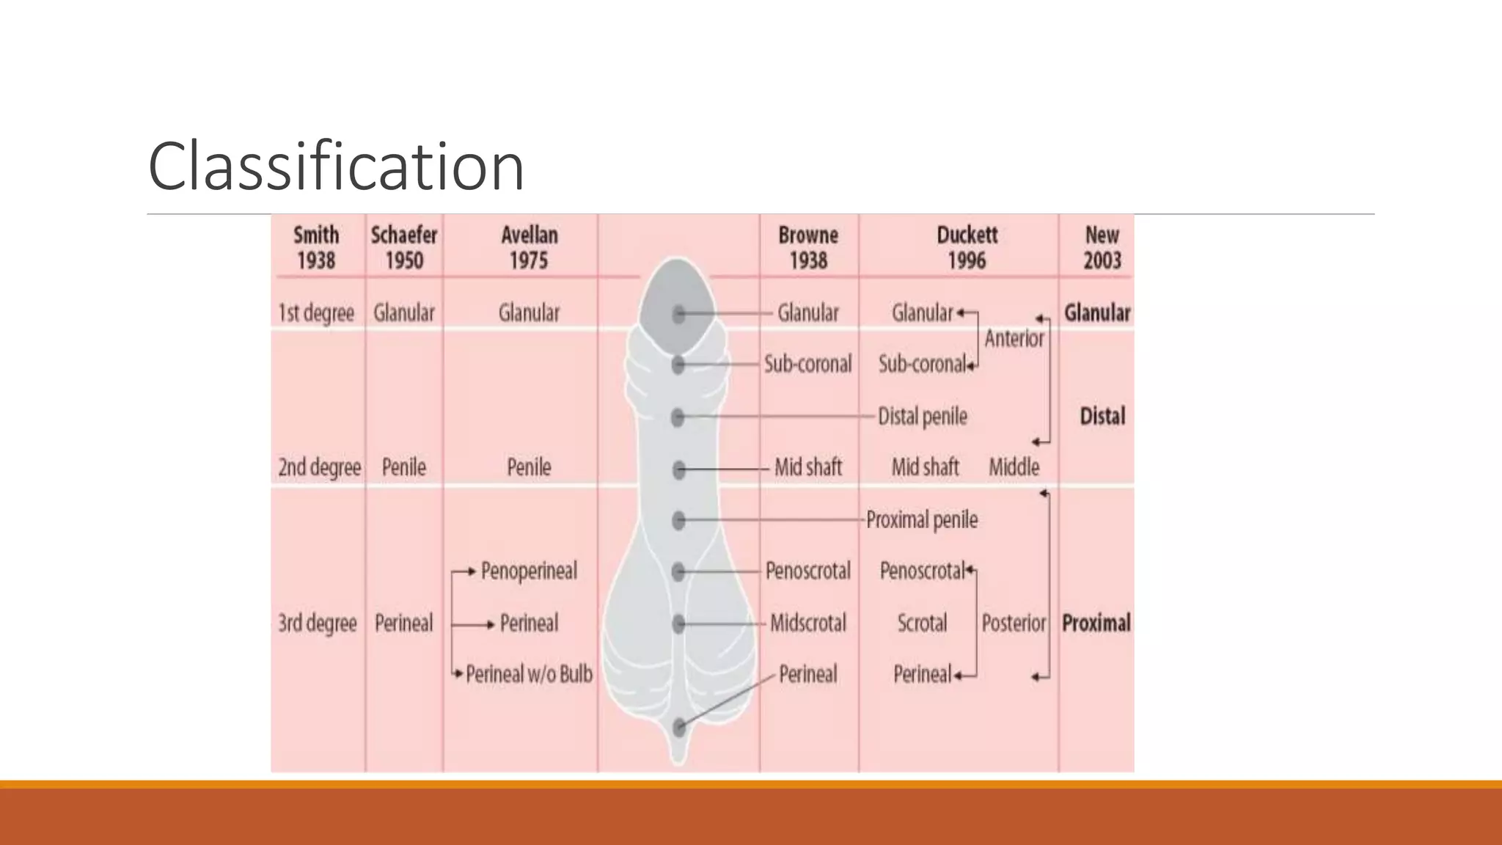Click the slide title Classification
click(x=336, y=167)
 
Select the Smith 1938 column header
click(x=316, y=248)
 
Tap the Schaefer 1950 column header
click(x=404, y=248)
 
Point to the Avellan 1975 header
click(x=529, y=248)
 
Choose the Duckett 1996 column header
click(x=967, y=248)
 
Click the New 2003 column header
click(x=1102, y=248)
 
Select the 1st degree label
click(x=316, y=313)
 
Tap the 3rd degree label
click(x=317, y=623)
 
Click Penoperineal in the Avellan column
click(x=529, y=571)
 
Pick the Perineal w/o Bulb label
click(x=529, y=674)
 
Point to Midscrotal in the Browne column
click(x=807, y=623)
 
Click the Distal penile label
click(x=923, y=417)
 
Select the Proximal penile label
click(x=922, y=520)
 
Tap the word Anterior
click(x=1014, y=338)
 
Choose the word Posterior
click(x=1014, y=623)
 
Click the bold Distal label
click(x=1102, y=417)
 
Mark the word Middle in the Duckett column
click(x=1014, y=467)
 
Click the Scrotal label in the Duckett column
click(x=922, y=623)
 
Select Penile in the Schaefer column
click(x=404, y=467)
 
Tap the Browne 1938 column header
click(x=808, y=248)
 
